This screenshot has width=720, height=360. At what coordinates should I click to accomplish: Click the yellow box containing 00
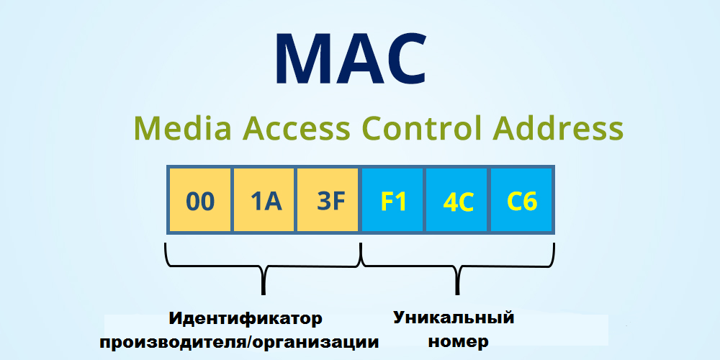click(200, 201)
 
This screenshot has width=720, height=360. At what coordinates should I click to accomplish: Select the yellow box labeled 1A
click(265, 201)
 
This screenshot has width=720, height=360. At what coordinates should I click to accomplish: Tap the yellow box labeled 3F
click(329, 201)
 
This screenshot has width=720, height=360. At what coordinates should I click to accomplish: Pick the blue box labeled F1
click(393, 201)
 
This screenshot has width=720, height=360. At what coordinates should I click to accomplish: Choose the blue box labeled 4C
click(457, 201)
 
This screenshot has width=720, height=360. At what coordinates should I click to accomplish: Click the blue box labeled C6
click(522, 201)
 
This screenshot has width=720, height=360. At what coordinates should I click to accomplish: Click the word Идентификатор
click(246, 318)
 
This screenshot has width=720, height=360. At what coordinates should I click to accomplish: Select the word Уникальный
click(454, 317)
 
